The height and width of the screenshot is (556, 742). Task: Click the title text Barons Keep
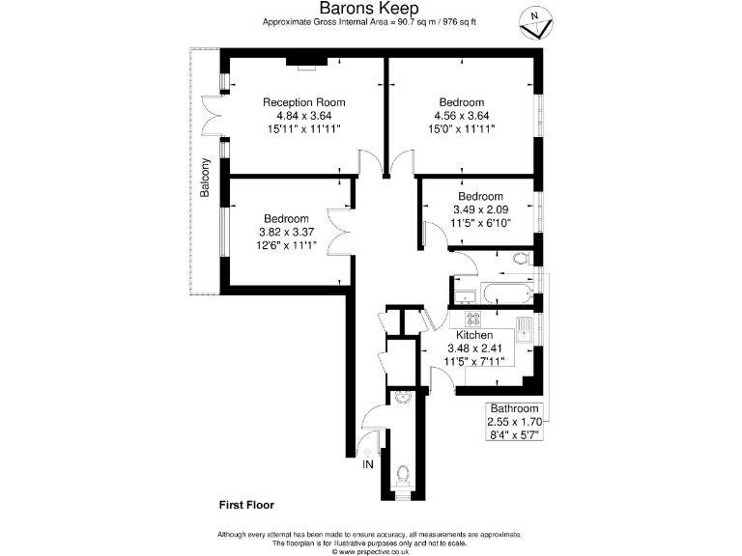pyautogui.click(x=370, y=9)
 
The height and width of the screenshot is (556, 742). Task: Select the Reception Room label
pyautogui.click(x=303, y=102)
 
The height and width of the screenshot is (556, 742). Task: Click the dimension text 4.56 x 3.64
pyautogui.click(x=462, y=115)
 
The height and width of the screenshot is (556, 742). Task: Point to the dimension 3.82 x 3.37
pyautogui.click(x=286, y=232)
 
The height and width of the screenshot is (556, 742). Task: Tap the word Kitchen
pyautogui.click(x=469, y=335)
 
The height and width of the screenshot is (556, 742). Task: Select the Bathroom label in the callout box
pyautogui.click(x=514, y=408)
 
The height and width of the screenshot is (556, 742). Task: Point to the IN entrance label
pyautogui.click(x=367, y=465)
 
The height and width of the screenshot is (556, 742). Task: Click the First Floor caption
pyautogui.click(x=246, y=505)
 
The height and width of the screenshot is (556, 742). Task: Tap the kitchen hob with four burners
pyautogui.click(x=473, y=320)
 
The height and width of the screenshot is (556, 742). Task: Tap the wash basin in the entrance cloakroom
pyautogui.click(x=402, y=397)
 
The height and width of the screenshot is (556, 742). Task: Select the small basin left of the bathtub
pyautogui.click(x=460, y=293)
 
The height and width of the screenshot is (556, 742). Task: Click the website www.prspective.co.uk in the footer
pyautogui.click(x=370, y=552)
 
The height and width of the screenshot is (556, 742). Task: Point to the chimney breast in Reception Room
pyautogui.click(x=306, y=67)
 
